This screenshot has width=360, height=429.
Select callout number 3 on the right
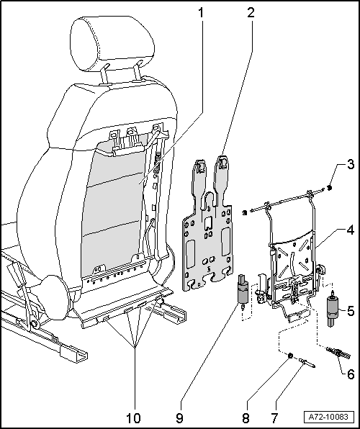(351, 166)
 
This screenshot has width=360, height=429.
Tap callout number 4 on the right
(351, 232)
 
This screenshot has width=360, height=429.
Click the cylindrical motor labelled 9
(243, 291)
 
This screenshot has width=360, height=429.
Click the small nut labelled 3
(328, 189)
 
